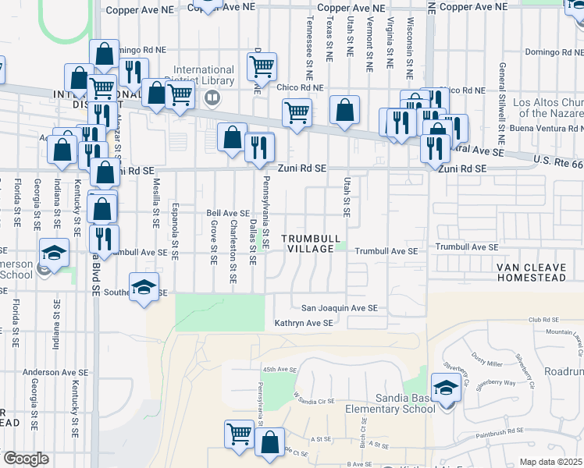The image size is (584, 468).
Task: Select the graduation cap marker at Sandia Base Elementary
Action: (x=446, y=388)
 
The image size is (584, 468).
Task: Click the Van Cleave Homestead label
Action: (x=539, y=271)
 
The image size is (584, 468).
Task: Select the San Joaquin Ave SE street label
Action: (x=340, y=308)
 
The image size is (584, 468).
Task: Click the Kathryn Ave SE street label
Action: (x=304, y=322)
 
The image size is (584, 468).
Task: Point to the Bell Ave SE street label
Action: (x=227, y=213)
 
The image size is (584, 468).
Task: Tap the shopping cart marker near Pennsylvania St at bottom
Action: (x=239, y=434)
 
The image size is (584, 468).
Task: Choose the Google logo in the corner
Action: (x=26, y=459)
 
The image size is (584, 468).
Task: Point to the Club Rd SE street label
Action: (x=544, y=320)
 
